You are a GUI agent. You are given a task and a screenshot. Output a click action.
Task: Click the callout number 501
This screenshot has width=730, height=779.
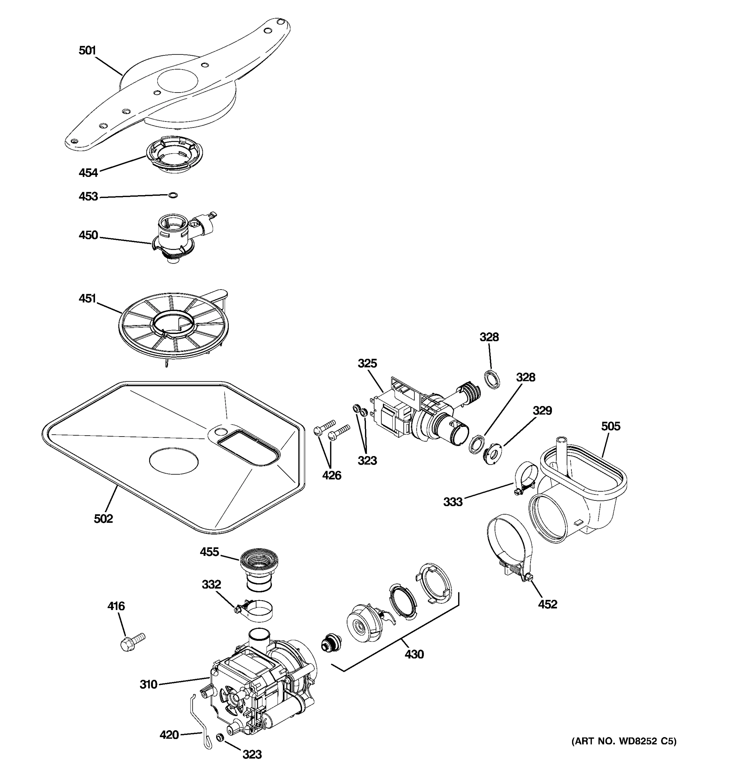point(87,51)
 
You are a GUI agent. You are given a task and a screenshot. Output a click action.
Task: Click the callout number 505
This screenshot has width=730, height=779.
point(611,426)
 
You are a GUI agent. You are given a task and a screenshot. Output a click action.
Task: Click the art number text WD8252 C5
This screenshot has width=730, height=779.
point(624,741)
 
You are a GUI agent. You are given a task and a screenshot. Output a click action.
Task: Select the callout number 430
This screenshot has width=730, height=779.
point(414,654)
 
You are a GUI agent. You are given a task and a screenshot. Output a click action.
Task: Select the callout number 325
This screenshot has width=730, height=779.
point(367,364)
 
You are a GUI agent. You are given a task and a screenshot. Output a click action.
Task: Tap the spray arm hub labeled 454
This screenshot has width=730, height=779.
point(175,155)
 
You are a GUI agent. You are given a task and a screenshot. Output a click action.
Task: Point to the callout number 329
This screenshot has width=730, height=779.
point(542,411)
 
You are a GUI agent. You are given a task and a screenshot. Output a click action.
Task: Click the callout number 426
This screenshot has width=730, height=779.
point(331,476)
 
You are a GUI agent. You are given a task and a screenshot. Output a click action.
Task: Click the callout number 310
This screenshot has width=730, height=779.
point(148,685)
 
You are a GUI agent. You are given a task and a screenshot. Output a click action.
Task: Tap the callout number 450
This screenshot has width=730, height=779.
point(88,235)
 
